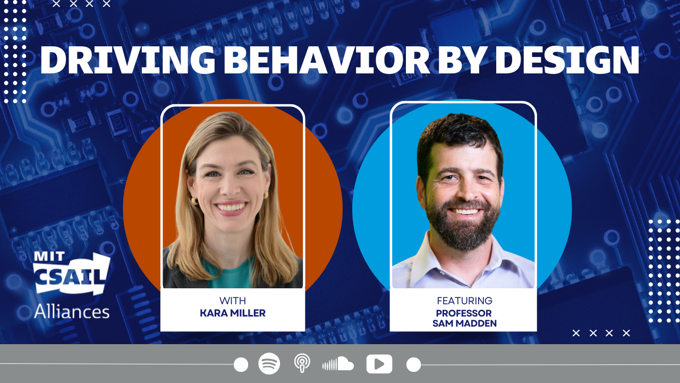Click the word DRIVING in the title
click(x=128, y=60)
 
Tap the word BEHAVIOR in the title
click(x=327, y=60)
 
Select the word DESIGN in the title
click(x=567, y=60)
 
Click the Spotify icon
click(x=269, y=363)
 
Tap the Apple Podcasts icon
click(x=302, y=363)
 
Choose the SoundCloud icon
click(x=338, y=363)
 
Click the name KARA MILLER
click(x=233, y=313)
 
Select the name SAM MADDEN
click(x=464, y=323)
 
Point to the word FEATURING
click(x=464, y=301)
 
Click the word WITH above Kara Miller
click(x=233, y=301)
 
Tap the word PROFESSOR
click(x=464, y=313)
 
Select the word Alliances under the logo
click(x=72, y=312)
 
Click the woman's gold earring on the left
click(x=194, y=201)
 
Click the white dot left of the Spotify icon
click(x=241, y=364)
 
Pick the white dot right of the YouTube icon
click(x=413, y=364)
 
